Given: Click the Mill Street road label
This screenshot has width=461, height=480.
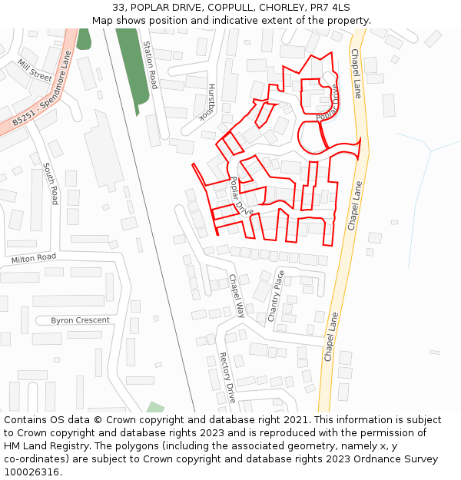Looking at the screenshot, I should (x=35, y=71).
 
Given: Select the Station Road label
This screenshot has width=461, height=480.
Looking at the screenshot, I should (x=150, y=65).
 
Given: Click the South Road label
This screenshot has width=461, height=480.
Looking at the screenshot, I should (x=51, y=184).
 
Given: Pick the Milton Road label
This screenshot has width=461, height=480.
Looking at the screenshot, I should (x=34, y=258).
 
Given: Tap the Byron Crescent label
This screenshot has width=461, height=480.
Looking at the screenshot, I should (x=80, y=320).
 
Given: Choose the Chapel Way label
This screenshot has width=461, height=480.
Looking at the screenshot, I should (x=236, y=296).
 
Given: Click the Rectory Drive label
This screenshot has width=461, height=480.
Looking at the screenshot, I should (x=227, y=377).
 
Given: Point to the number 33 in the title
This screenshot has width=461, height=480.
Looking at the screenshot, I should (x=118, y=7).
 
